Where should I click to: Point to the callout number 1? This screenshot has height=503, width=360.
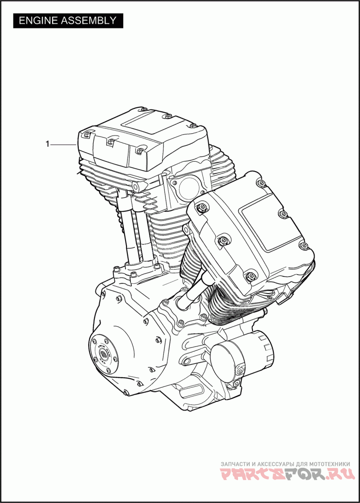(x=47, y=145)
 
